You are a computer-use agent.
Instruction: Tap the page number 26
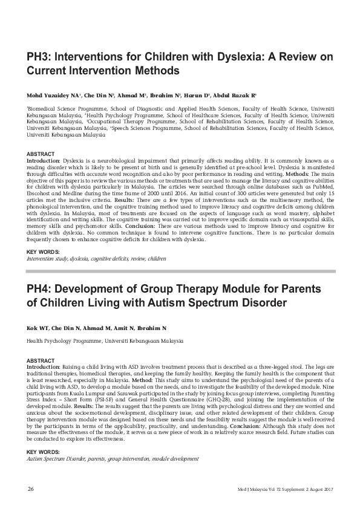[x=30, y=488]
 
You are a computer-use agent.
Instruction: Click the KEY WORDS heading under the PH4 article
[x=43, y=452]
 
